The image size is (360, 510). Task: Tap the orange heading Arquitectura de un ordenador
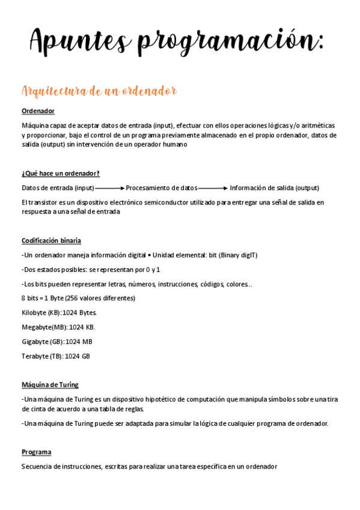[99, 91]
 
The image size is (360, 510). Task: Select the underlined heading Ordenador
[38, 111]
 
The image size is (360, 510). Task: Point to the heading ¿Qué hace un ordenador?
[60, 174]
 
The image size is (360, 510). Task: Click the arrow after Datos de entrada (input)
[110, 188]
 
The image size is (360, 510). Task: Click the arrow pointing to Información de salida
[213, 188]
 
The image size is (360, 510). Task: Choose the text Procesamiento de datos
[162, 188]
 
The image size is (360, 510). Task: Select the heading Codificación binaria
[51, 241]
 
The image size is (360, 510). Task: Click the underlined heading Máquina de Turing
[50, 385]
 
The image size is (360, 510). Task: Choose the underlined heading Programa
[36, 452]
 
